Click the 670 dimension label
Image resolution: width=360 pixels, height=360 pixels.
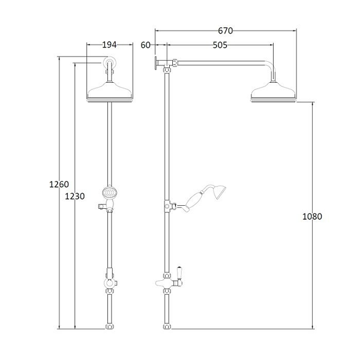coord(225,31)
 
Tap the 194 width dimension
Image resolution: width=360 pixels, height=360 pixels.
coord(109,45)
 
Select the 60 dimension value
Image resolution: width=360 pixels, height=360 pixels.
coord(145,45)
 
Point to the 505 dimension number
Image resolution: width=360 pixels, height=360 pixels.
coord(220,45)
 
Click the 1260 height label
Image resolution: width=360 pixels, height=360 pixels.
coord(59,184)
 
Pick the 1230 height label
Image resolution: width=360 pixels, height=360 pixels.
coord(75,196)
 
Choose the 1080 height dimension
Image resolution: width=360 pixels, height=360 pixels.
coord(312,217)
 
